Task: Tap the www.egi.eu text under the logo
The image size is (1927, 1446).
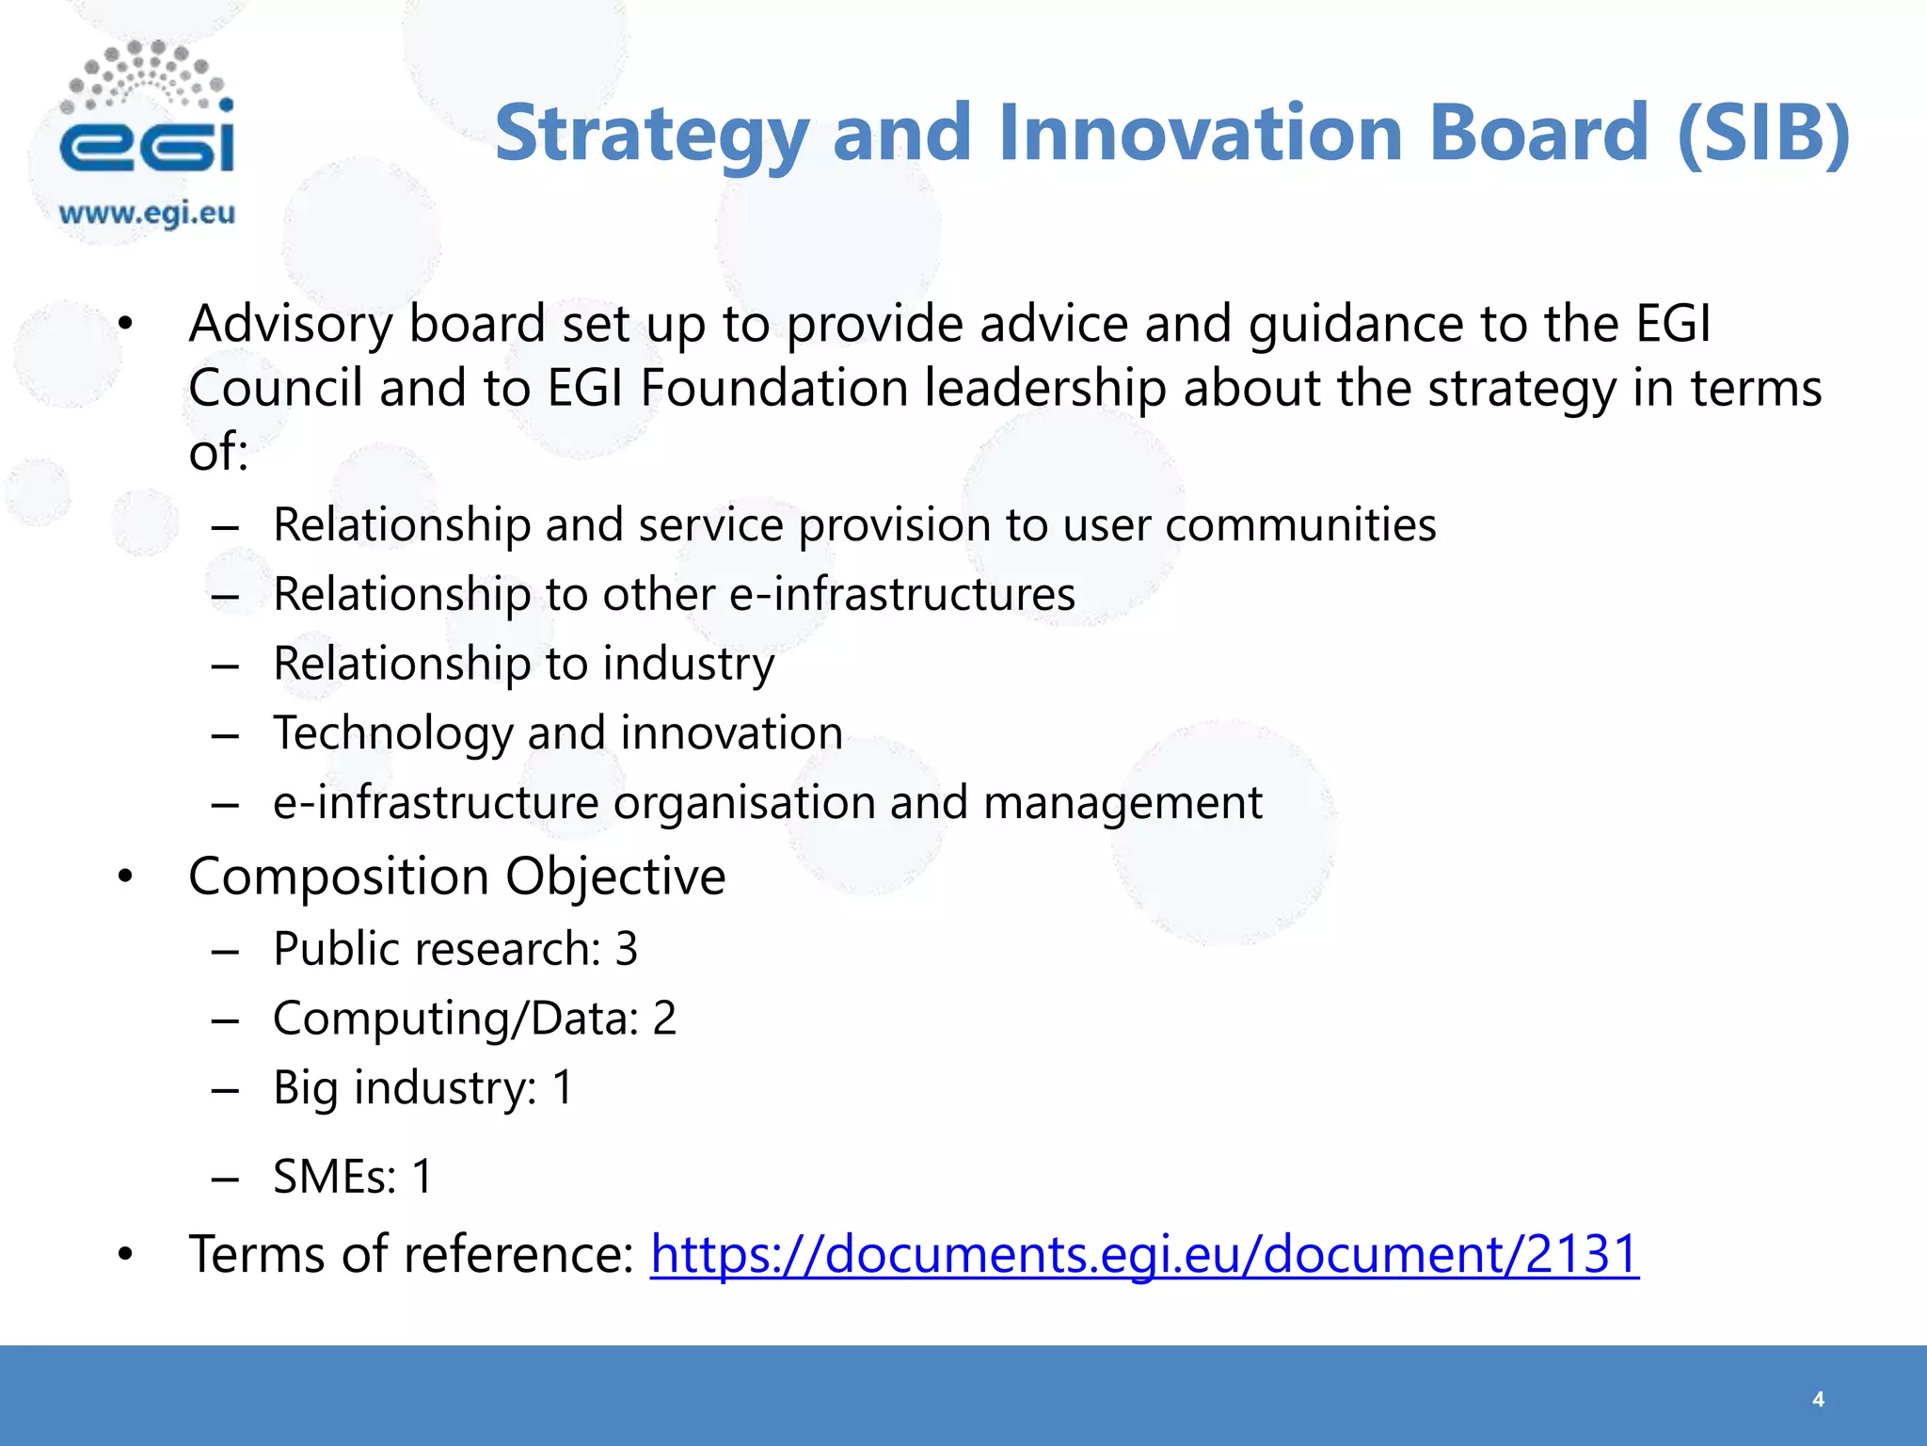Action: pyautogui.click(x=147, y=214)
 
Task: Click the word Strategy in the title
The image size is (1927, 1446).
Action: pyautogui.click(x=651, y=134)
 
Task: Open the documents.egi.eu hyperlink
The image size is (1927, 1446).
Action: pyautogui.click(x=1144, y=1254)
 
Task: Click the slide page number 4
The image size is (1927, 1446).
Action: pyautogui.click(x=1818, y=1399)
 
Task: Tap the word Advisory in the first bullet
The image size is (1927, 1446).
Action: pyautogui.click(x=290, y=325)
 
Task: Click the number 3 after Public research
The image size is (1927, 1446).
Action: pyautogui.click(x=627, y=949)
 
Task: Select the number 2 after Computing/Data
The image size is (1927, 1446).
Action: pyautogui.click(x=664, y=1019)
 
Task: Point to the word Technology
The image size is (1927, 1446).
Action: pyautogui.click(x=392, y=733)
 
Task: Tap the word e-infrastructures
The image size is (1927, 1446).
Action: pyautogui.click(x=902, y=594)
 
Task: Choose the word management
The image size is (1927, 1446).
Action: pyautogui.click(x=1123, y=803)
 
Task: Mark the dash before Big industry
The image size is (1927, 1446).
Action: pyautogui.click(x=225, y=1089)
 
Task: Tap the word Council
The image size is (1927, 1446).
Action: pyautogui.click(x=275, y=388)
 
